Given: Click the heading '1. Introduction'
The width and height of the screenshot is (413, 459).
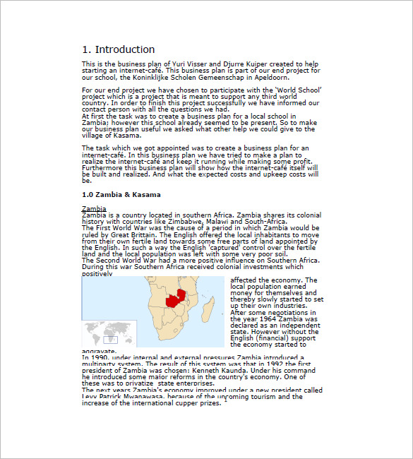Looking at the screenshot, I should click(118, 49).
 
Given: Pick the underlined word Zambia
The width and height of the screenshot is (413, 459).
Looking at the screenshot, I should click(94, 208).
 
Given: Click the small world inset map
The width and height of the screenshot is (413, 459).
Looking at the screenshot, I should click(100, 333).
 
